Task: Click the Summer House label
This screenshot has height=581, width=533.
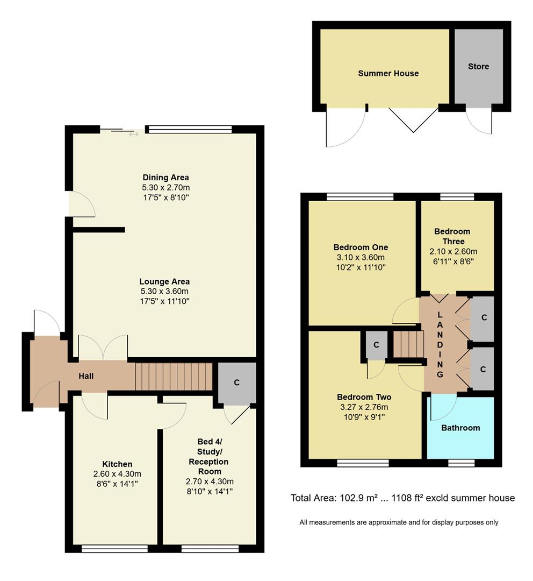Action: pyautogui.click(x=388, y=73)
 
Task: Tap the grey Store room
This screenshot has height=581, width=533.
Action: pyautogui.click(x=478, y=66)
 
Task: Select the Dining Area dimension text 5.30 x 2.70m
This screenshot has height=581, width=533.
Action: pyautogui.click(x=165, y=187)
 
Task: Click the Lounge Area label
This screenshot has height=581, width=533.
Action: pyautogui.click(x=164, y=281)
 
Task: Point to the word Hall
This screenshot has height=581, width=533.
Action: pyautogui.click(x=86, y=376)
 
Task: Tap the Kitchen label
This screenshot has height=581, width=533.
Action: pyautogui.click(x=117, y=464)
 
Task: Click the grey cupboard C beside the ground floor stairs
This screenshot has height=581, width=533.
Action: pyautogui.click(x=236, y=383)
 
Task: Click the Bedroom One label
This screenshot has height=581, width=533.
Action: pyautogui.click(x=361, y=247)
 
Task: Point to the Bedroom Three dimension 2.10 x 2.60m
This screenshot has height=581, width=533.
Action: pyautogui.click(x=453, y=251)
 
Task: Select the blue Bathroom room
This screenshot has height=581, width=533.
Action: pyautogui.click(x=460, y=428)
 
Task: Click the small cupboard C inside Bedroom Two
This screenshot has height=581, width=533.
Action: pyautogui.click(x=376, y=344)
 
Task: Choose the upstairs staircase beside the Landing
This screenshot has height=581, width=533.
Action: pyautogui.click(x=406, y=344)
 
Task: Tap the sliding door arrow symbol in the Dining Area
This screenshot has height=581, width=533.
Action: pyautogui.click(x=133, y=134)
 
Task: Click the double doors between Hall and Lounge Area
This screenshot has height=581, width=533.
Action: pyautogui.click(x=103, y=348)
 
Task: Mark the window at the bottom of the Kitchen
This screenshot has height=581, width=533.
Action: pyautogui.click(x=114, y=549)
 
